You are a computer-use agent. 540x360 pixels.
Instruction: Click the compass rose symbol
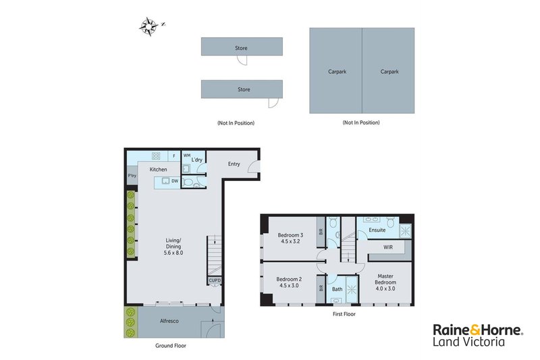149,26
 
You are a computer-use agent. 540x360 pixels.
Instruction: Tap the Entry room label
234,164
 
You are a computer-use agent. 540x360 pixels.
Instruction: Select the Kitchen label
158,170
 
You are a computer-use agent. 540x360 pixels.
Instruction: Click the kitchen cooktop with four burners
156,156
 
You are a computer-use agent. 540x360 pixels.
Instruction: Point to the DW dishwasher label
175,181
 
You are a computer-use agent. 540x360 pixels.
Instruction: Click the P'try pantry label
132,176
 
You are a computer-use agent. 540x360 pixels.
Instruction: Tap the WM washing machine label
187,155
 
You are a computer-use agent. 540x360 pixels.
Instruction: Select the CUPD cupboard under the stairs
215,280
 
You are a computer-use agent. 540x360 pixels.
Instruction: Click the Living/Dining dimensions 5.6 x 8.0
173,253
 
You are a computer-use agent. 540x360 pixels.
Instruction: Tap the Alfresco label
169,321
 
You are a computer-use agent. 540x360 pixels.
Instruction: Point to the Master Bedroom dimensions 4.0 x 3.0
385,288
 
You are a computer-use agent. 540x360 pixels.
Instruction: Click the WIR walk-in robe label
388,247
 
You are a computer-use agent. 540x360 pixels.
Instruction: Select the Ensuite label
377,230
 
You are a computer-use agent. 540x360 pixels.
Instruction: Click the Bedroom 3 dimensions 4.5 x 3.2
290,242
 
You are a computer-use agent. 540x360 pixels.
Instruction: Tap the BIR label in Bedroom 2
321,288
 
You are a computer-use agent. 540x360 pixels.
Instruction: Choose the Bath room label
337,289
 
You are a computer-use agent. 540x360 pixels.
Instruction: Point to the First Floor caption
344,314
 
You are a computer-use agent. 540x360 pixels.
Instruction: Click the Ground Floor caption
171,346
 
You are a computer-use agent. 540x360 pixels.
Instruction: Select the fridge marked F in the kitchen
174,156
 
